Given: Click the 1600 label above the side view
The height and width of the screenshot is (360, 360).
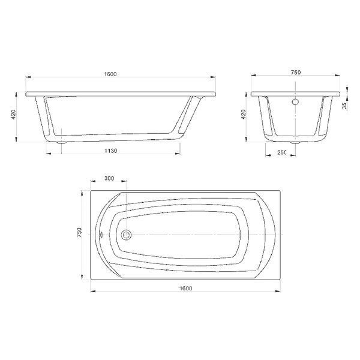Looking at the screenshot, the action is (x=110, y=74).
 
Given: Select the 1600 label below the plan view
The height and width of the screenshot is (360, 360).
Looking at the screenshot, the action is (x=186, y=289).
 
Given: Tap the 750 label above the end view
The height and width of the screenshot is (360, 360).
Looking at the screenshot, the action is (x=296, y=73).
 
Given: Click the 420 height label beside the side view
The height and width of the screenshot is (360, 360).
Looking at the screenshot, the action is (x=13, y=115).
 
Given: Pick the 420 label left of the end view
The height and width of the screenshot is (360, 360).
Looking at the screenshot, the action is (x=244, y=115).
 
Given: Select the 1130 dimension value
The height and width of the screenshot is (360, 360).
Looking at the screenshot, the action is (x=110, y=151).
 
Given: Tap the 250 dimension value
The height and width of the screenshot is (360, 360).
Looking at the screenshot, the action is (x=282, y=152).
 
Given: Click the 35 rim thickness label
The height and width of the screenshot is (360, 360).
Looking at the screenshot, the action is (x=344, y=106).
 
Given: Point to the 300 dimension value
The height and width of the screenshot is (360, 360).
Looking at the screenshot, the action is (x=109, y=178).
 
